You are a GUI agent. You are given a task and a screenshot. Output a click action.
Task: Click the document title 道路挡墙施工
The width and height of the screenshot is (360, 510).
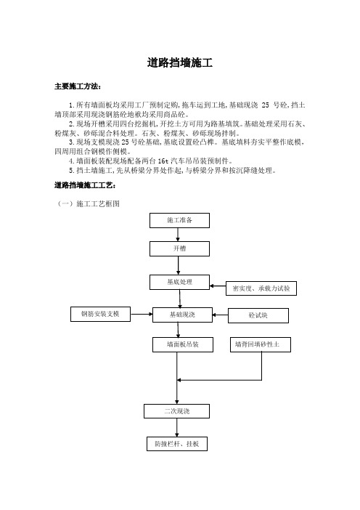[180, 62]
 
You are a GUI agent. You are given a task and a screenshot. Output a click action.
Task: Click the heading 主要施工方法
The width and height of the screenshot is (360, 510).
[78, 86]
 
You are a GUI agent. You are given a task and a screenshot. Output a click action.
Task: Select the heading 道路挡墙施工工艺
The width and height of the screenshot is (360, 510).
[85, 185]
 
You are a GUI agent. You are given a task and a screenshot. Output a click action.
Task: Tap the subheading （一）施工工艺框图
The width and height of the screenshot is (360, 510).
[89, 203]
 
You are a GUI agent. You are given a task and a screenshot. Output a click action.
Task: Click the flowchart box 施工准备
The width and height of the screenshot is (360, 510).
[179, 220]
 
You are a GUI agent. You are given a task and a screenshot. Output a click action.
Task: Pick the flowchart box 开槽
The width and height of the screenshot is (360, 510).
[179, 248]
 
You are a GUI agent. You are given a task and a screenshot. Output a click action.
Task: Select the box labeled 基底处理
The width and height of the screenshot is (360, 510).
[179, 282]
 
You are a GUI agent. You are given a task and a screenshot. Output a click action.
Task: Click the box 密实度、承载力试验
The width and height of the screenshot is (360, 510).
[261, 288]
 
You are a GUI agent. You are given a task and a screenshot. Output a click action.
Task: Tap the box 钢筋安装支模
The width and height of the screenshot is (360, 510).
[100, 314]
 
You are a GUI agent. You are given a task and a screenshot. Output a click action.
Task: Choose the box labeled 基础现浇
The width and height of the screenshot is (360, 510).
[182, 315]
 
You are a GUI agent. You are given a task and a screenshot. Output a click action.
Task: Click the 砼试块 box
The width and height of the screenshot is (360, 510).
[258, 315]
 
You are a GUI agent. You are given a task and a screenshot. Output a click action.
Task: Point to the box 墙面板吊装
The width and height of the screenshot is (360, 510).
[183, 344]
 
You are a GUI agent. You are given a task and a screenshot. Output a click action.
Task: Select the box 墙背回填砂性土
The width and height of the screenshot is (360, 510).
[261, 344]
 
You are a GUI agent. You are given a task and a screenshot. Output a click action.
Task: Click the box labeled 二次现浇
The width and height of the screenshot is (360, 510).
[177, 411]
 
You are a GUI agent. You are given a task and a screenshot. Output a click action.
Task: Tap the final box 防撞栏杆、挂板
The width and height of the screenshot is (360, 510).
[177, 444]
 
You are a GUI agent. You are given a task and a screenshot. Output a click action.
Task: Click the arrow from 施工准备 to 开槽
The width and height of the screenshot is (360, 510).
[178, 235]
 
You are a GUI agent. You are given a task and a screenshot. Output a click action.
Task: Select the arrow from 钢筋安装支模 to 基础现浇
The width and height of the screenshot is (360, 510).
[142, 314]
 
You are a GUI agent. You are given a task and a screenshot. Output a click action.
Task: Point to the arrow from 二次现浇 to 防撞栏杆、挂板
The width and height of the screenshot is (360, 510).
[177, 427]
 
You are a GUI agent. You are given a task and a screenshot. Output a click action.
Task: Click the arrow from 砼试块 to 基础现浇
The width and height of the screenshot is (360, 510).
[221, 315]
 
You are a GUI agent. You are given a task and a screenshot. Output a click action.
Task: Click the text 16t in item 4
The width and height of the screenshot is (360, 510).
[163, 161]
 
